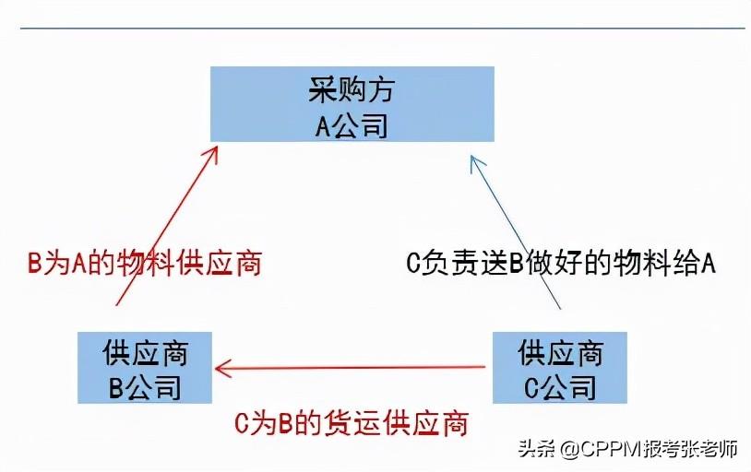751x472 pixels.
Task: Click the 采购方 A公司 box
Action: tap(352, 103)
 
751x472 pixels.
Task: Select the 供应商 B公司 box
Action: tap(145, 368)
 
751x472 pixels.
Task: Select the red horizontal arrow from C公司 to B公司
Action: tap(351, 369)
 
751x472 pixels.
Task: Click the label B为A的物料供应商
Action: tap(145, 264)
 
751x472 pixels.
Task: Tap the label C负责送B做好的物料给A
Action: tap(562, 264)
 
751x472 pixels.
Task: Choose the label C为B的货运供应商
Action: tap(351, 423)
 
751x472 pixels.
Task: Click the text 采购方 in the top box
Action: tap(352, 89)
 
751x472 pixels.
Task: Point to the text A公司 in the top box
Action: tap(352, 123)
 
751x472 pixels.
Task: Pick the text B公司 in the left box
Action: tap(145, 386)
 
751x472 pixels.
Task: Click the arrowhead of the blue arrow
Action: tap(476, 163)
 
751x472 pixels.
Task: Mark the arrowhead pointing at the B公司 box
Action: tap(223, 369)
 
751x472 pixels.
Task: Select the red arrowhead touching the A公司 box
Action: tap(211, 152)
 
